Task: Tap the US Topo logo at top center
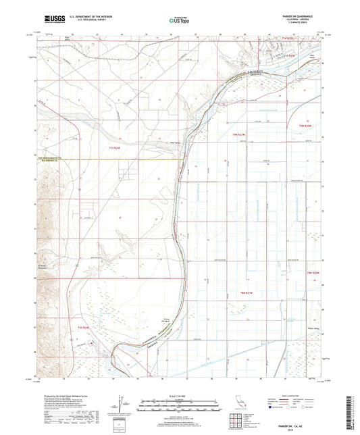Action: point(179,21)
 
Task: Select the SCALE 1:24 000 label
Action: point(179,396)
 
